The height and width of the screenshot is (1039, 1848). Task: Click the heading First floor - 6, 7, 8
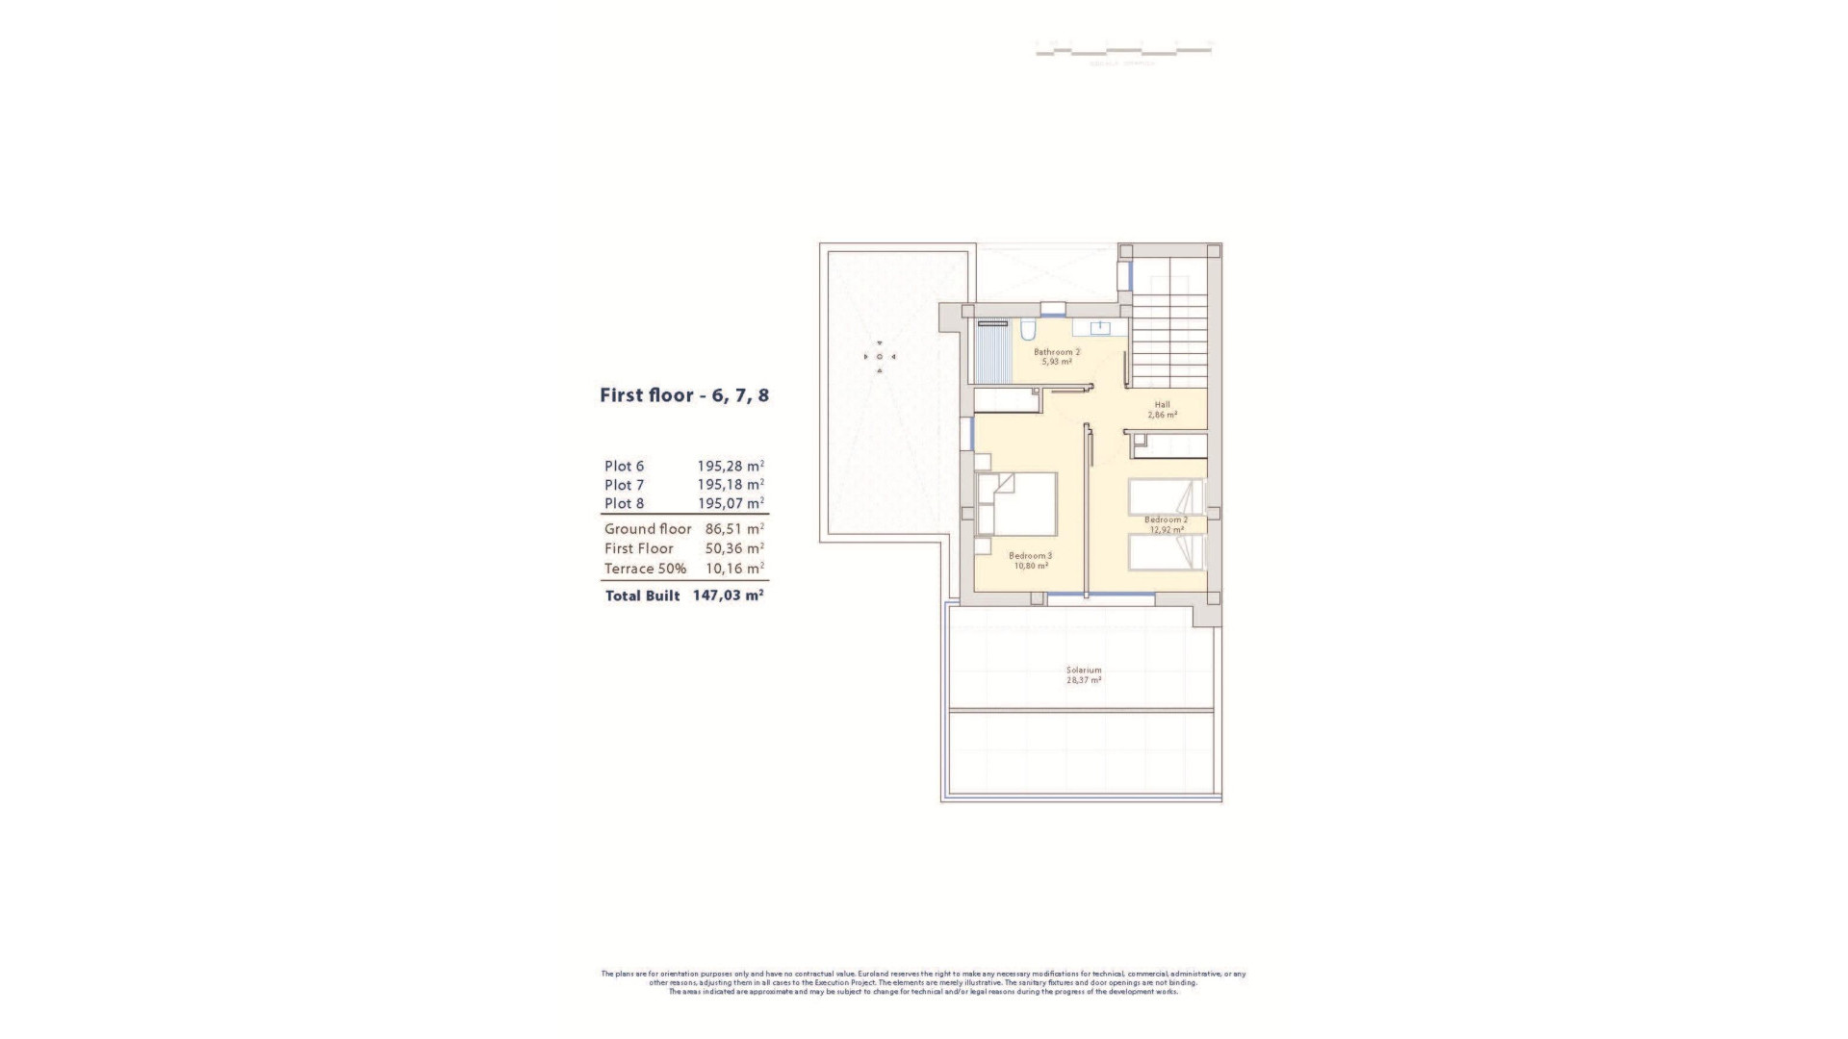(683, 395)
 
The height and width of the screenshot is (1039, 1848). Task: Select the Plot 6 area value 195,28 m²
(730, 467)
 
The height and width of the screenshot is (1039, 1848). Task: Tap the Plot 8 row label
(624, 503)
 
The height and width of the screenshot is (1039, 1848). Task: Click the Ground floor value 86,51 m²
(733, 528)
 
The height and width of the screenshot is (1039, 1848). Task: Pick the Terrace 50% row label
(645, 569)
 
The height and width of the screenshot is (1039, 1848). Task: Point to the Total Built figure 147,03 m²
(728, 596)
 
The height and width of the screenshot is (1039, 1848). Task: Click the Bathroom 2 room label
(1056, 352)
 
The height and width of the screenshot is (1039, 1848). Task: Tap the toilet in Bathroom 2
(1027, 332)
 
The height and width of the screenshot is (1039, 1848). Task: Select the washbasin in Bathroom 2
(1097, 328)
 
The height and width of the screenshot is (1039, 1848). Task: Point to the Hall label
(1162, 404)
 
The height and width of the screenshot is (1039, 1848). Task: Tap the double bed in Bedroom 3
(1020, 503)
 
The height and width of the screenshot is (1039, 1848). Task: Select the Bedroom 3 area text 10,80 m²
(1030, 566)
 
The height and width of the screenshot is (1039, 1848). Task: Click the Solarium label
(1083, 670)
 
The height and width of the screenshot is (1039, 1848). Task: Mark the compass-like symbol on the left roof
(879, 357)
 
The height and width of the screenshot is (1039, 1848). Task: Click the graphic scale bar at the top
(1122, 47)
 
